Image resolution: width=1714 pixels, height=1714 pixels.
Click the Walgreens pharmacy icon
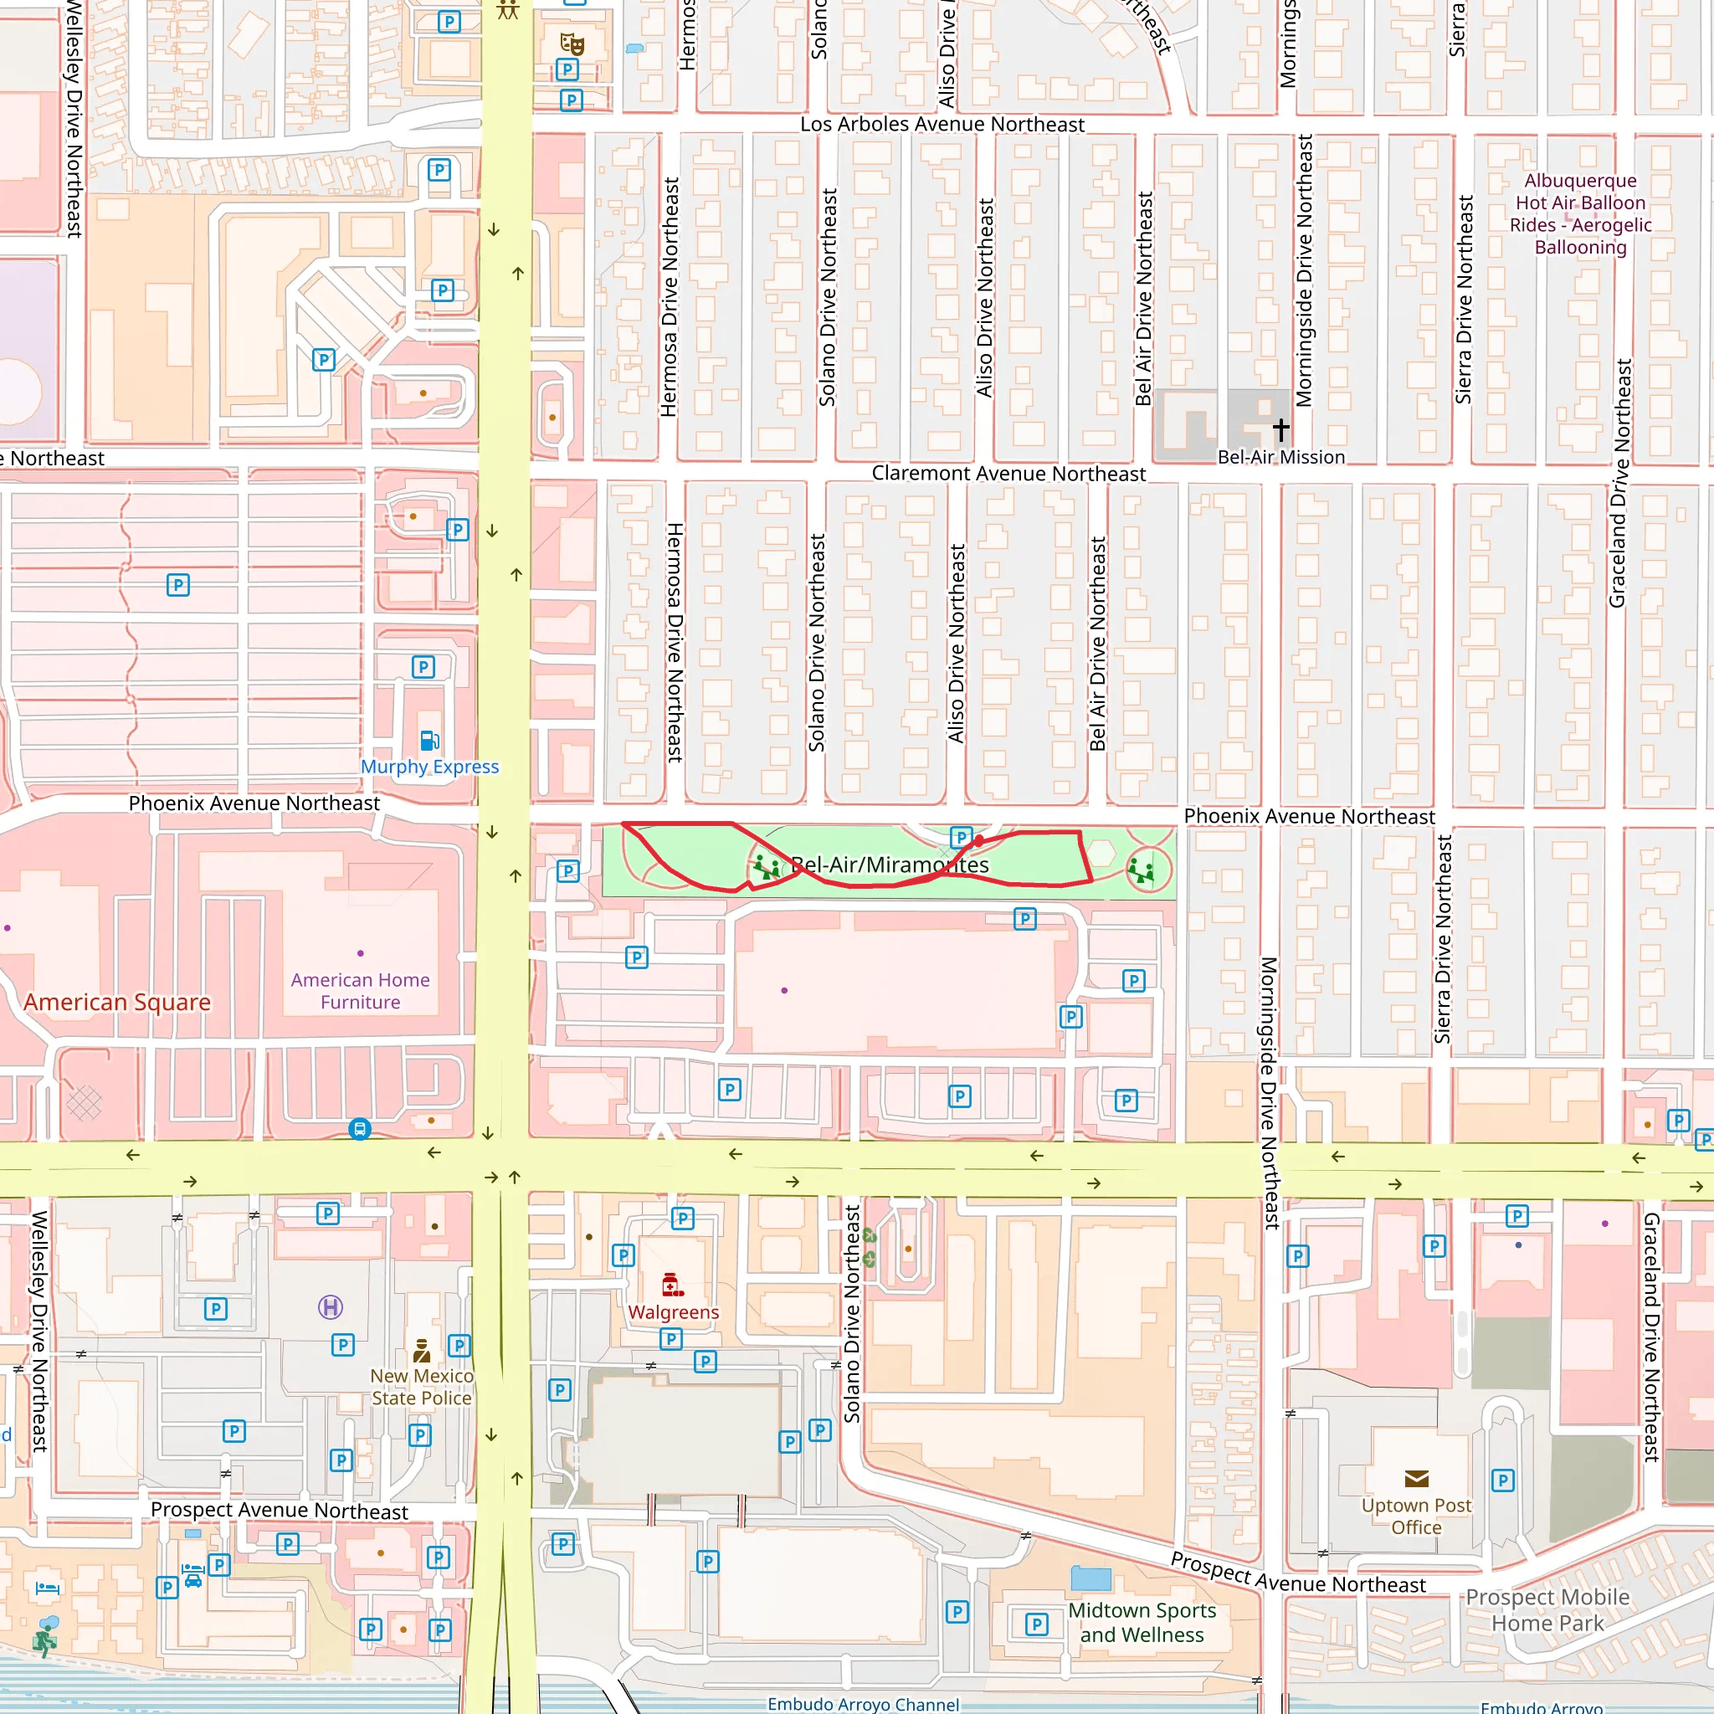[x=673, y=1285]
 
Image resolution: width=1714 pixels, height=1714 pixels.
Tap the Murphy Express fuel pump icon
[x=429, y=740]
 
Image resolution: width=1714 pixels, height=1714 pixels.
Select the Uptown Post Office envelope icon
[x=1417, y=1478]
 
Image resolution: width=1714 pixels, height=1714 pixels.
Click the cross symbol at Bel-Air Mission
[x=1281, y=429]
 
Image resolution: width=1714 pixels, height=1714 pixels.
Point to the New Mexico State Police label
[x=422, y=1387]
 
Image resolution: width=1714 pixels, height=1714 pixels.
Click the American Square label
[x=117, y=1002]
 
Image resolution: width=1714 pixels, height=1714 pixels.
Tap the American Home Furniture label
[x=360, y=991]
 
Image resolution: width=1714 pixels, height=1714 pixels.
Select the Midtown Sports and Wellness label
[x=1142, y=1622]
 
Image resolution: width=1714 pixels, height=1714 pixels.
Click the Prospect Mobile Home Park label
[x=1547, y=1609]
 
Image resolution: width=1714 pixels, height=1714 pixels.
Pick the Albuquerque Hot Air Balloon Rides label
[x=1580, y=213]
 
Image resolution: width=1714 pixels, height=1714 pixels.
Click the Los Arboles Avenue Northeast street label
[x=942, y=124]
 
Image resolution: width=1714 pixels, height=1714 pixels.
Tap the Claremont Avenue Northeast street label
[x=1008, y=474]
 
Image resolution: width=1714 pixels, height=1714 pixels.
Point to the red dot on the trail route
[x=978, y=840]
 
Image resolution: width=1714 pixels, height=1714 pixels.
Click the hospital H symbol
[x=330, y=1306]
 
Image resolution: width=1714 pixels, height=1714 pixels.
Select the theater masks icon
[x=572, y=43]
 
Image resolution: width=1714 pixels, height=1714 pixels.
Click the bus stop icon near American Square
[x=359, y=1128]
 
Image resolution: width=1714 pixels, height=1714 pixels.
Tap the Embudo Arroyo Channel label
[x=863, y=1704]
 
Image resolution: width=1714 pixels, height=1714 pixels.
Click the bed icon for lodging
[x=48, y=1588]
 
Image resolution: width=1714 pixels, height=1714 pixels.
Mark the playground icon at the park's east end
[x=1141, y=870]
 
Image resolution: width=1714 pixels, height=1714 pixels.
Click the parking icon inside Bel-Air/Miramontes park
[x=961, y=837]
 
